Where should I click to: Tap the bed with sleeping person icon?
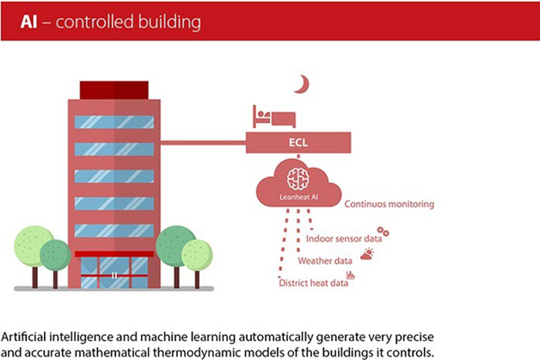[x=273, y=117]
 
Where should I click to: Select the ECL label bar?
[x=298, y=143]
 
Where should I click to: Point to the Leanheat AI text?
[x=298, y=198]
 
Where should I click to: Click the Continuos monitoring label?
[x=389, y=204]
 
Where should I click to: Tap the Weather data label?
[x=325, y=260]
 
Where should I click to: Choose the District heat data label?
[x=312, y=283]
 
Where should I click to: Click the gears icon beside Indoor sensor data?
[x=384, y=233]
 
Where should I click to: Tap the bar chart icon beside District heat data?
[x=351, y=276]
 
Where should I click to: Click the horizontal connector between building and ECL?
[x=203, y=143]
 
